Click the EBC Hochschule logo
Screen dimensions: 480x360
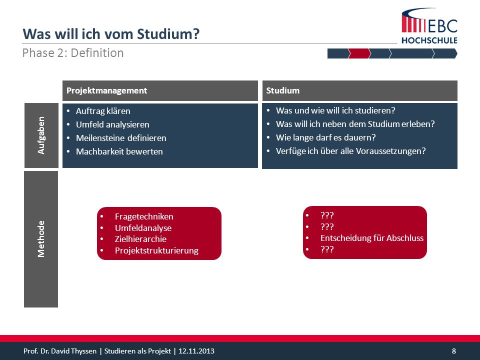429,25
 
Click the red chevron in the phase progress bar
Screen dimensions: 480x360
359,53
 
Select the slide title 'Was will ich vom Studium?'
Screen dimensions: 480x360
111,33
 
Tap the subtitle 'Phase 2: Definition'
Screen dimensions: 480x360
73,53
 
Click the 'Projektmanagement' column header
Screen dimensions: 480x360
107,90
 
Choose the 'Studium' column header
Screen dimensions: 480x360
283,90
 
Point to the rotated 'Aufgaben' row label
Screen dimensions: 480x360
41,135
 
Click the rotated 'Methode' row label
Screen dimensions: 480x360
41,239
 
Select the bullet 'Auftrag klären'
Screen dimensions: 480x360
103,111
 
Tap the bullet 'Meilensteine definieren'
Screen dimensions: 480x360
121,138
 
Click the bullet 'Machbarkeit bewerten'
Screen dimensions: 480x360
119,151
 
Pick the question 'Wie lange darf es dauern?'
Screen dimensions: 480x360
325,137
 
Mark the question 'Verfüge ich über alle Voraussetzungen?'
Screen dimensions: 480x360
351,151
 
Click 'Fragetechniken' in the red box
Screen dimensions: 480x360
144,216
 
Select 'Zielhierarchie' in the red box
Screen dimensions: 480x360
141,239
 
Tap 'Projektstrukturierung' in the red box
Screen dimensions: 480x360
156,250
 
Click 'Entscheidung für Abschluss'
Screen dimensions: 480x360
372,238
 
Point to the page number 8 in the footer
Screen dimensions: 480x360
453,351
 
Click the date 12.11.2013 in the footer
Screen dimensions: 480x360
196,351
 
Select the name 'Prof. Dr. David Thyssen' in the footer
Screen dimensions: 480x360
60,351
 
